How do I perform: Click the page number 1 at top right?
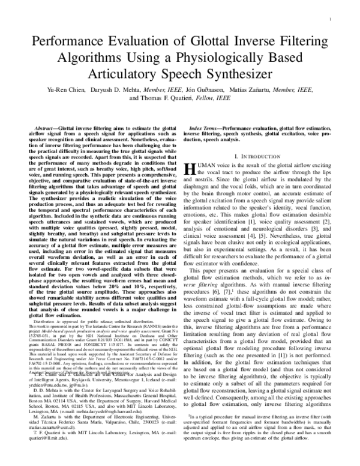click(x=347, y=19)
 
